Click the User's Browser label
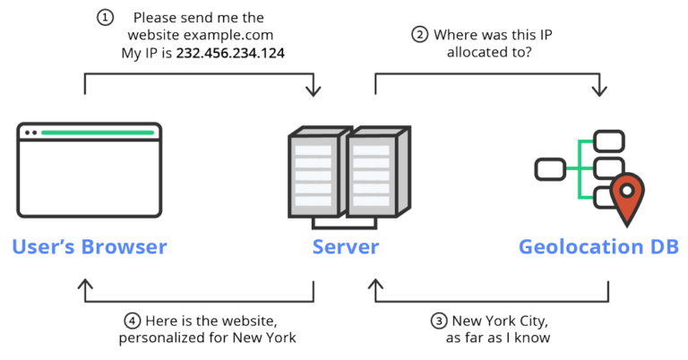90,246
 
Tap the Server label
346,246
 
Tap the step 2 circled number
419,35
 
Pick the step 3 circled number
438,321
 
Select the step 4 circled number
131,321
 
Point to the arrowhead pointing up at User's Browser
86,285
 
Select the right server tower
375,176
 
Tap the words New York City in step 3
498,321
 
